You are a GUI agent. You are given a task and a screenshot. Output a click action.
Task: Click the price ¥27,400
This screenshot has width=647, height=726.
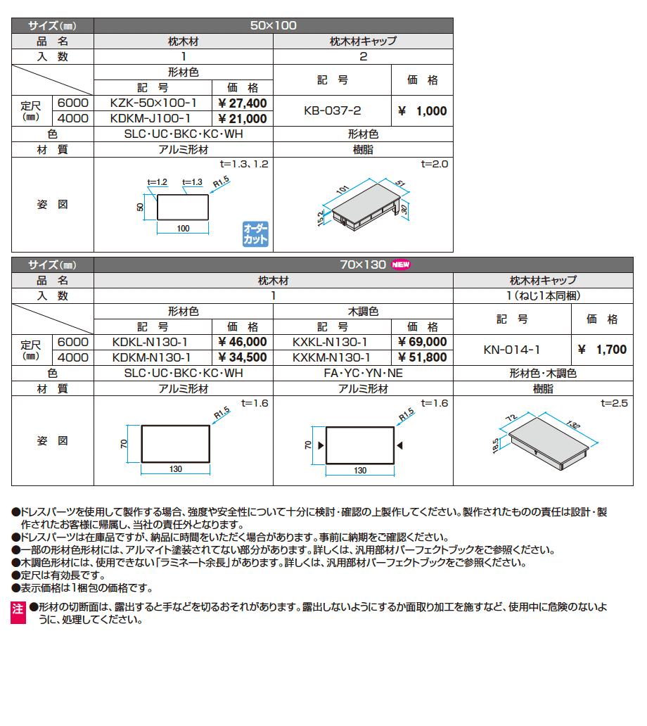[243, 103]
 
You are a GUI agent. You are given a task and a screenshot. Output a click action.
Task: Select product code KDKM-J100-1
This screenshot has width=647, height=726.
[153, 119]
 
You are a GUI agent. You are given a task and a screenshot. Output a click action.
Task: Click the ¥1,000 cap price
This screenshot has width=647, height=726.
[422, 111]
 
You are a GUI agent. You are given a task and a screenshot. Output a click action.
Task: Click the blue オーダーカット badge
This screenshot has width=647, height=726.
[255, 234]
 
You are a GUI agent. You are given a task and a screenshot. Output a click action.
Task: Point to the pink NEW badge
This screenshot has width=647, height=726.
[401, 265]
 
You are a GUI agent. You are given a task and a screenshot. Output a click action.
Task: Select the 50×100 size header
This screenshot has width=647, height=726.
[273, 25]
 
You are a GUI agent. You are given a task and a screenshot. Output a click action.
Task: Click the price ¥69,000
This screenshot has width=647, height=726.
[422, 342]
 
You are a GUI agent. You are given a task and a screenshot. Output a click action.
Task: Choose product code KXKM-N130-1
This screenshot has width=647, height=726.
[332, 357]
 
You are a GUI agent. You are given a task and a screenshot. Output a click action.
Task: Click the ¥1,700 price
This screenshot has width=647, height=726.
[602, 349]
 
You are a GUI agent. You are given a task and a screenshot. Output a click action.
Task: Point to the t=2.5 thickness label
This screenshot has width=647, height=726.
[613, 404]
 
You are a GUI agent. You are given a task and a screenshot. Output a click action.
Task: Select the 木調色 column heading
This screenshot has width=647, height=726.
[363, 311]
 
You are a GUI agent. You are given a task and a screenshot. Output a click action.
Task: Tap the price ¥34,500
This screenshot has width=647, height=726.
[243, 357]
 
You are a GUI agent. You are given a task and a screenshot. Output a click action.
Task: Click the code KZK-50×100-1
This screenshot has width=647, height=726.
[153, 103]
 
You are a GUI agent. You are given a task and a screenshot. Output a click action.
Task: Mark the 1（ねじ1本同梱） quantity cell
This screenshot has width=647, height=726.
[542, 295]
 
